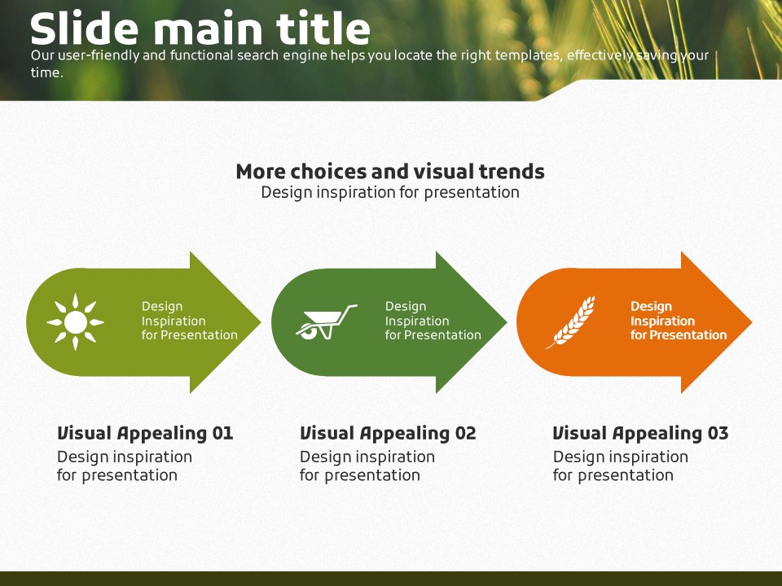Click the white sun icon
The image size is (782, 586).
click(x=75, y=322)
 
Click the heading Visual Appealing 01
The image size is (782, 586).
click(x=145, y=433)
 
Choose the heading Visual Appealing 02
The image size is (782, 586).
click(x=388, y=433)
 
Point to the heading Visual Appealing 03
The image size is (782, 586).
click(x=640, y=433)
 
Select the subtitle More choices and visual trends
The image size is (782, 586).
click(x=390, y=172)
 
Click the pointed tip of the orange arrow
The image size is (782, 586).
click(x=749, y=322)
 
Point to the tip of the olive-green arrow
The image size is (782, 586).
click(x=258, y=322)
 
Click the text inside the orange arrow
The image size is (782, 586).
click(x=678, y=321)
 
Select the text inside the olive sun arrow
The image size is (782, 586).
click(x=189, y=321)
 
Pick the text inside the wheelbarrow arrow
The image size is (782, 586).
click(x=433, y=321)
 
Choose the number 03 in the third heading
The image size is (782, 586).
click(x=718, y=433)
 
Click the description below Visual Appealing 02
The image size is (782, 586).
click(x=367, y=466)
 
